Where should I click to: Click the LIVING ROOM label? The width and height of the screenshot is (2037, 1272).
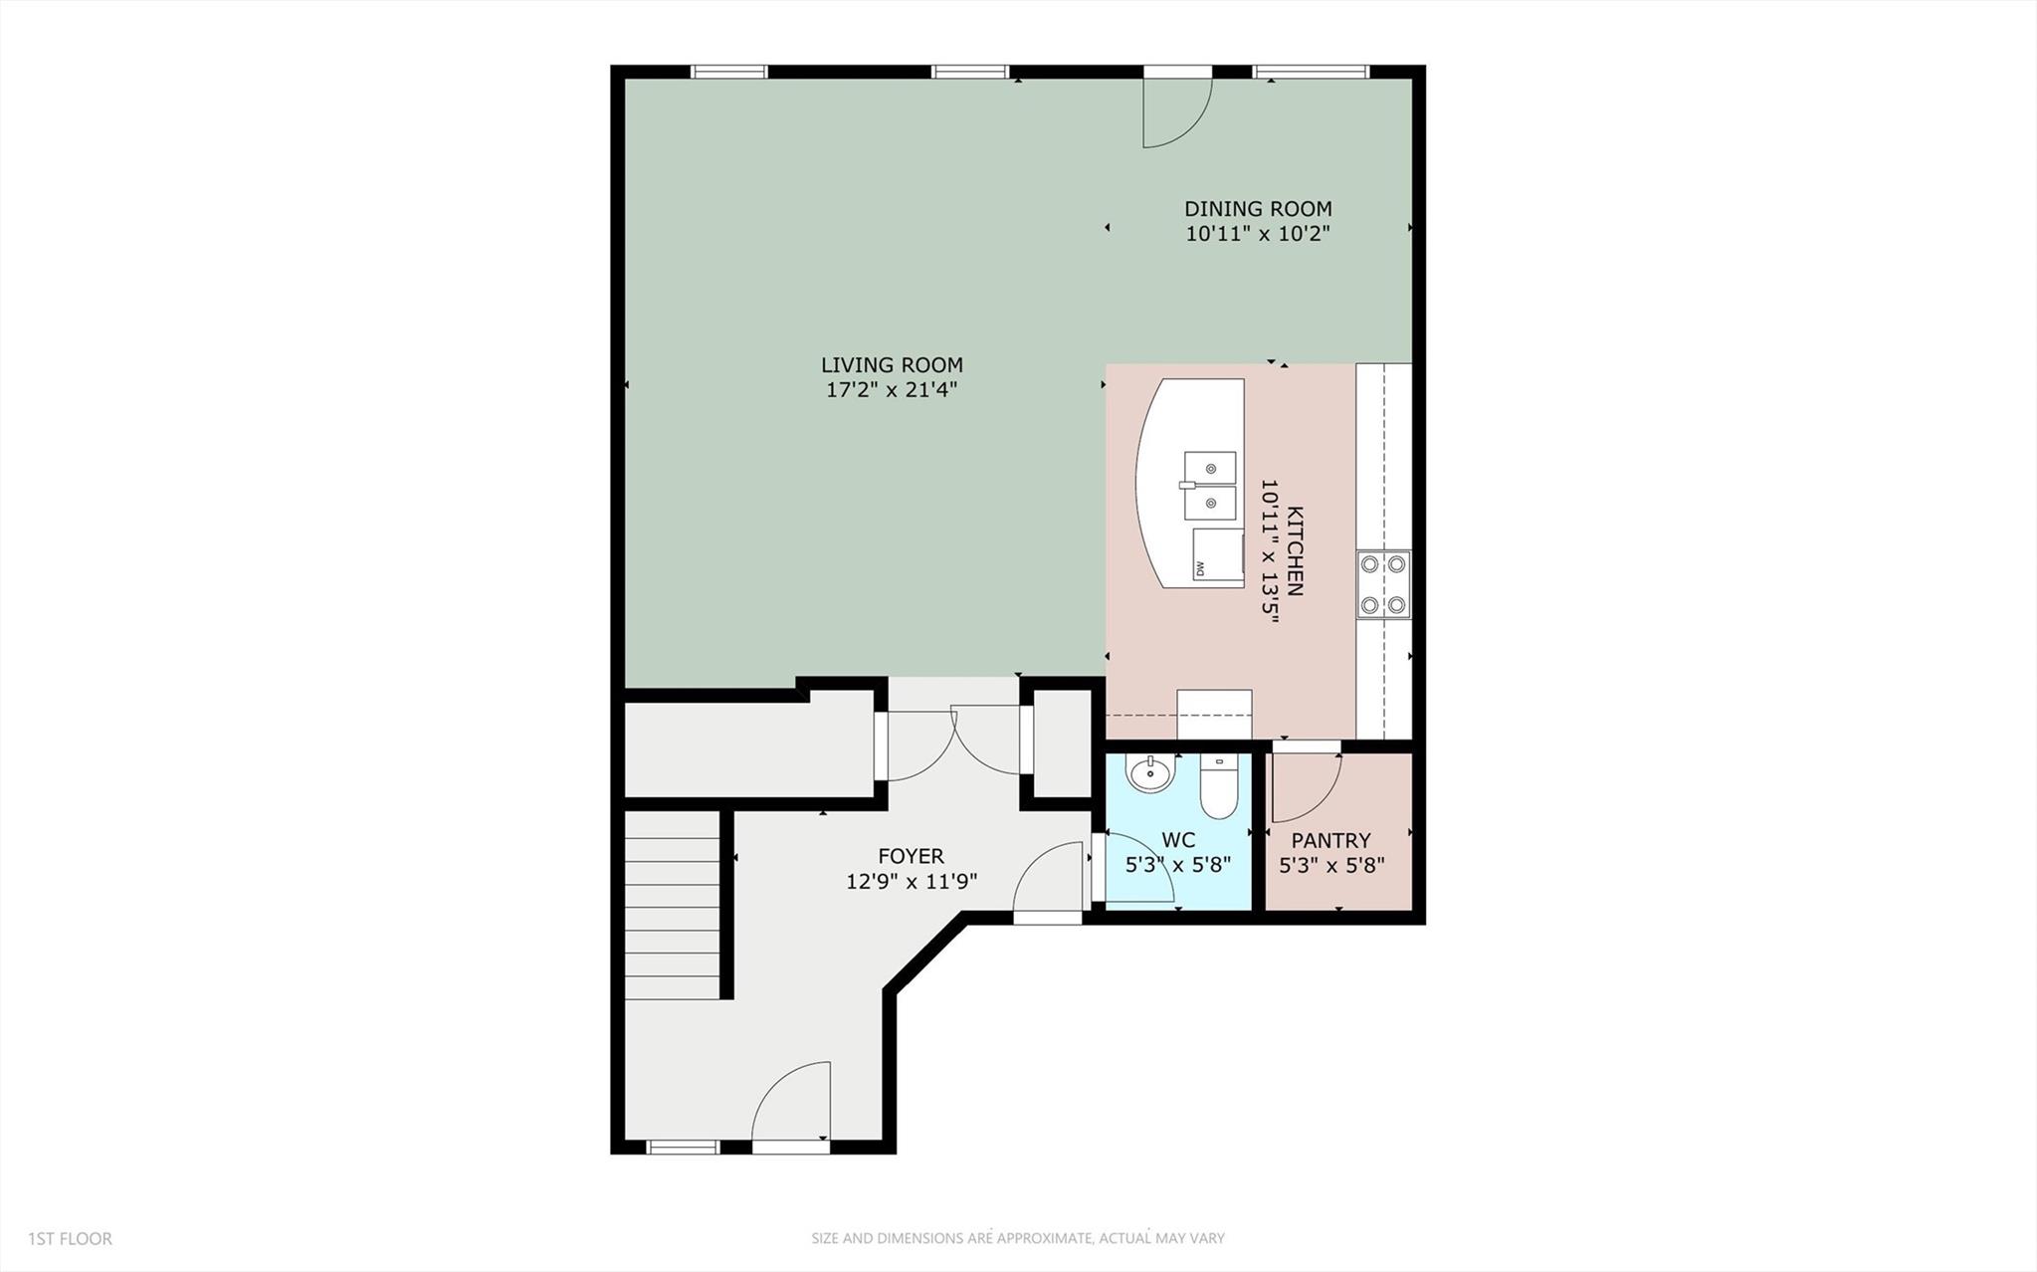click(x=892, y=365)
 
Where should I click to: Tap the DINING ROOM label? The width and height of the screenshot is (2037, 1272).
click(x=1258, y=209)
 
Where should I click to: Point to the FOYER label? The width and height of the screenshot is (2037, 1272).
click(x=911, y=856)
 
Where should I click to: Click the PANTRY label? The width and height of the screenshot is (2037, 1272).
click(x=1330, y=841)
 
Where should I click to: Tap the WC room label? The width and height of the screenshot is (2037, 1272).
click(x=1178, y=841)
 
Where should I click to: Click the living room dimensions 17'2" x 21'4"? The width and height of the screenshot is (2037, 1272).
click(x=892, y=390)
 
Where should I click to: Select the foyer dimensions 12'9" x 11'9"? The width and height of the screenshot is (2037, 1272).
click(x=912, y=882)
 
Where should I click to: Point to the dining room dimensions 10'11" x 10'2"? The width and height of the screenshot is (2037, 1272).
click(x=1258, y=235)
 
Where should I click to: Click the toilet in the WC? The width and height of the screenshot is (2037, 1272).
click(x=1218, y=786)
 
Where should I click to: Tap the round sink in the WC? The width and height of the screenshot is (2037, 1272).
click(x=1150, y=773)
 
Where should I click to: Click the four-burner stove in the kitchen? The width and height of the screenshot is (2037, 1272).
click(x=1383, y=584)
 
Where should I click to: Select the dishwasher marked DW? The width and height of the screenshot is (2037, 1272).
click(x=1218, y=555)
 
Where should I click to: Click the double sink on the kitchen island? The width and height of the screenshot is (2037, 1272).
click(x=1210, y=486)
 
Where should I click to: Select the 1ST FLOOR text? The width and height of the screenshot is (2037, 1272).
click(x=70, y=1239)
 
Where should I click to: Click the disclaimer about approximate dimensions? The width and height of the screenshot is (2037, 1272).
click(x=1017, y=1239)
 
